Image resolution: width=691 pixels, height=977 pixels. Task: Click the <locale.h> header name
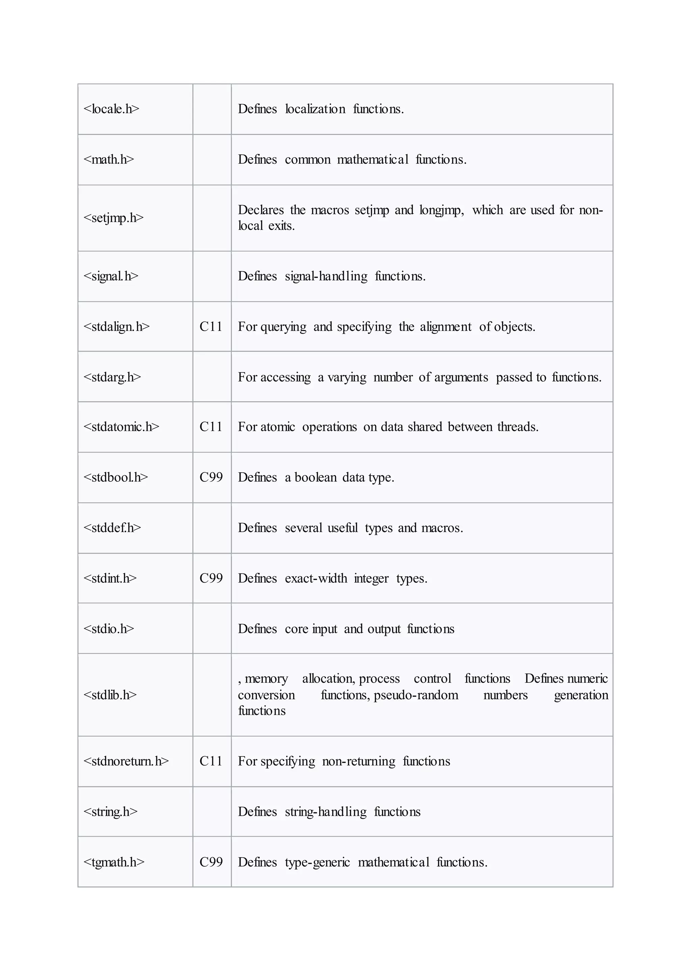coord(111,109)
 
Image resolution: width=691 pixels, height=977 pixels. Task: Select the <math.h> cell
coord(109,160)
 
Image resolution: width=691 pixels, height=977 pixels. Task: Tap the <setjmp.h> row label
coord(114,218)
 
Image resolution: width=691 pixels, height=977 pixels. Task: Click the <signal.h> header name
coord(111,277)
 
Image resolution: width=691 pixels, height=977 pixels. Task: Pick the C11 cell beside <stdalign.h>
coord(211,327)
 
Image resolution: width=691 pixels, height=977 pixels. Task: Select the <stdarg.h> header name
coord(112,378)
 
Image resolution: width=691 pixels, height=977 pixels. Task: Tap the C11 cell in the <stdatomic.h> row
coord(211,427)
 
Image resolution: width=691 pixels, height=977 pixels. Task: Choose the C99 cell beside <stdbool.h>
coord(211,477)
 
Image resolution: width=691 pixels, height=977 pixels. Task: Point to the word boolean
coord(315,477)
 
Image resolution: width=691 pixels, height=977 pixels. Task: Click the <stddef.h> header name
coord(112,528)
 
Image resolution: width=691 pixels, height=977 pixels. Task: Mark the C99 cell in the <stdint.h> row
coord(211,578)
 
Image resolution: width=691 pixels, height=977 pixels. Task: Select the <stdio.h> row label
coord(109,629)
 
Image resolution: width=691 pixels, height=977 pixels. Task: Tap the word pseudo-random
coord(416,695)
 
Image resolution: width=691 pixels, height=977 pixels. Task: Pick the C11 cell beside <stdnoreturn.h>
coord(211,761)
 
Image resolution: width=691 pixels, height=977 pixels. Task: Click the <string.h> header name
coord(111,812)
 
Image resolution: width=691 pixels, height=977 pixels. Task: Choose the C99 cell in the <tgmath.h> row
coord(211,862)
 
